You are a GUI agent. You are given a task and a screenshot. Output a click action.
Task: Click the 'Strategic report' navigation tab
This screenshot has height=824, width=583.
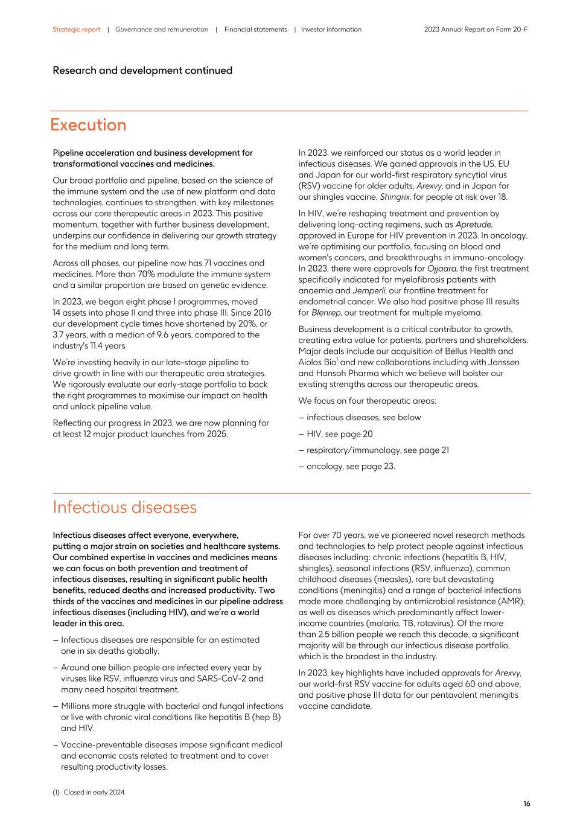tap(76, 30)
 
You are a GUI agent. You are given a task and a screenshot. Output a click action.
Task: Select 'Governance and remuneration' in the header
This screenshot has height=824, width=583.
tap(161, 30)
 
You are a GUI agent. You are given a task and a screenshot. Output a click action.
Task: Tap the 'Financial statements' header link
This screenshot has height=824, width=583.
tap(255, 30)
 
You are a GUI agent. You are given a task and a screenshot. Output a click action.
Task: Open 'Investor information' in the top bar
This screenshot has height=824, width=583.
tap(331, 30)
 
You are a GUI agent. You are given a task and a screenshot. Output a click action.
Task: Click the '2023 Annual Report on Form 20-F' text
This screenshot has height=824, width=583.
tap(476, 30)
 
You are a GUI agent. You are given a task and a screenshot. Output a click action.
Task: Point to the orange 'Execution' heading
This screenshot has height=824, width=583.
tap(88, 125)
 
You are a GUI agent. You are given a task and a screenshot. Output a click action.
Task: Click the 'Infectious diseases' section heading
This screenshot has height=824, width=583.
tap(124, 507)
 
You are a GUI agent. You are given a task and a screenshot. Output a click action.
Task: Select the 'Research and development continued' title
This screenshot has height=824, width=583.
tap(142, 71)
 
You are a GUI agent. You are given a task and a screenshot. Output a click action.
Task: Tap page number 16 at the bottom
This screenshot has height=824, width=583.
tap(526, 803)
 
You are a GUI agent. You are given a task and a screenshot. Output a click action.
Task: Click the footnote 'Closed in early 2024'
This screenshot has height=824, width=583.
tap(94, 792)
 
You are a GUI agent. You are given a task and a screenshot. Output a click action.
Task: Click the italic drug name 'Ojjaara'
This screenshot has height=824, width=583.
tap(441, 269)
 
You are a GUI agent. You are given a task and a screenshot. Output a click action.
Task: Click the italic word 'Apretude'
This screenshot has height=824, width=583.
tap(474, 225)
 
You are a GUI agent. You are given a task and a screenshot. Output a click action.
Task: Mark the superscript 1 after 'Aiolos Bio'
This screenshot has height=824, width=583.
tap(337, 360)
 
